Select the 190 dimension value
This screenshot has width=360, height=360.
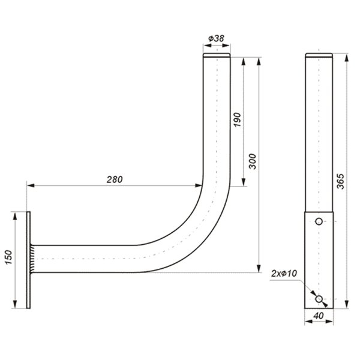pyautogui.click(x=237, y=119)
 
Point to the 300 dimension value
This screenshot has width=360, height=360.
pyautogui.click(x=252, y=162)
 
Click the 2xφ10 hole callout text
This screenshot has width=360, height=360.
pyautogui.click(x=284, y=274)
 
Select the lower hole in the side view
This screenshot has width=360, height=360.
pyautogui.click(x=319, y=298)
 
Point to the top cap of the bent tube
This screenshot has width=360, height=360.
pyautogui.click(x=216, y=56)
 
